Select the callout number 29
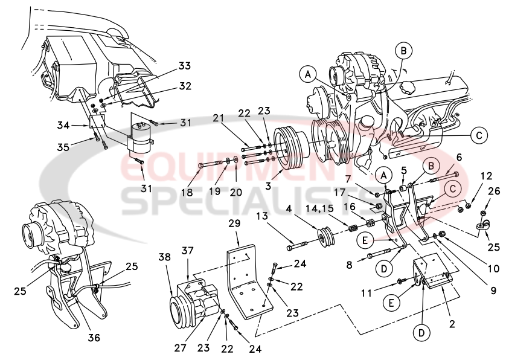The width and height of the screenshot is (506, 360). tap(235, 224)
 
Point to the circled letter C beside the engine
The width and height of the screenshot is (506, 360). tap(478, 135)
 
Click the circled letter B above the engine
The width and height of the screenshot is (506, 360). tap(404, 50)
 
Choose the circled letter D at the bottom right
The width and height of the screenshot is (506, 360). tap(421, 332)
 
